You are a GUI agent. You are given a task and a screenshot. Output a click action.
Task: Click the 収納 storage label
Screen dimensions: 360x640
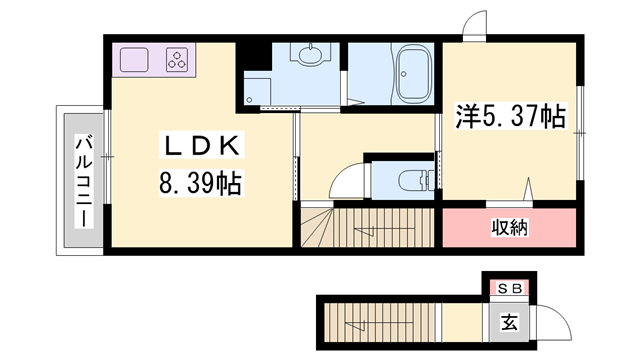click(x=510, y=228)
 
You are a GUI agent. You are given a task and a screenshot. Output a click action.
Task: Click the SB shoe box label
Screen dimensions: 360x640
click(x=509, y=289)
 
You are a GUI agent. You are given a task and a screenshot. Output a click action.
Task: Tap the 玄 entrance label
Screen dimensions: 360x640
click(x=509, y=323)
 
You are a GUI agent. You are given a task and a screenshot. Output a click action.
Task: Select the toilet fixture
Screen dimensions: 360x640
click(x=409, y=181)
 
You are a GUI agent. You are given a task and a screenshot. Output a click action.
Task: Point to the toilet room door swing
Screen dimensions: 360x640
click(x=346, y=182)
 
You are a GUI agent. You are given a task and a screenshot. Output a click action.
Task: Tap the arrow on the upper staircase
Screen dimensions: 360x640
click(x=368, y=231)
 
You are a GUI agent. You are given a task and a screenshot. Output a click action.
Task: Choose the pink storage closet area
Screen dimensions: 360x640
click(x=510, y=228)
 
